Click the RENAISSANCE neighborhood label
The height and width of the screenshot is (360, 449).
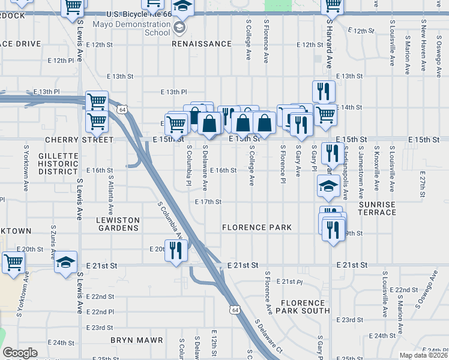(x=202, y=44)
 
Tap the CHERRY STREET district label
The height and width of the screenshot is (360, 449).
(x=79, y=140)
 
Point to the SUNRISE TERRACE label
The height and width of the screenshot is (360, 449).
(x=378, y=209)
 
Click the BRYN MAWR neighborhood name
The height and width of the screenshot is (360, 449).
(x=137, y=340)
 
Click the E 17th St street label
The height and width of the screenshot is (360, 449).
(x=208, y=202)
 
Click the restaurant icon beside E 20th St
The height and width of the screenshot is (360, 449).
(x=176, y=250)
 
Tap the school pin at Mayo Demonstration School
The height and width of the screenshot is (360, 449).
(x=180, y=26)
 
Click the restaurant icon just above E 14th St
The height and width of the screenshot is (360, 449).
(x=324, y=91)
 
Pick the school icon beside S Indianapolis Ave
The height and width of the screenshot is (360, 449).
(x=328, y=187)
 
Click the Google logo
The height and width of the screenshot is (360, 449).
(x=20, y=353)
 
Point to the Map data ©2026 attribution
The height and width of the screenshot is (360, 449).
(x=423, y=355)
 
